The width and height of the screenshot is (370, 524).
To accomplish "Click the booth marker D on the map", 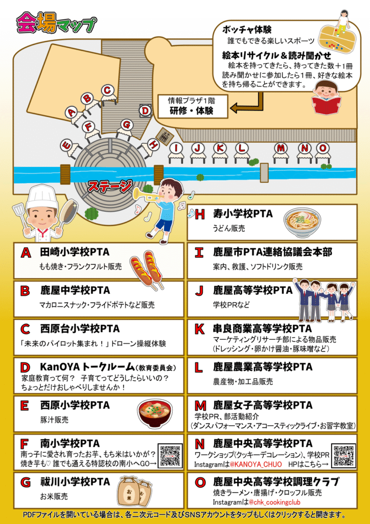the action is click(145, 111).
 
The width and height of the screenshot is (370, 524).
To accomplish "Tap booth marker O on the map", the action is click(322, 148).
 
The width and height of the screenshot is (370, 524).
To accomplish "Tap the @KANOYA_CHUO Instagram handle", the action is click(256, 465).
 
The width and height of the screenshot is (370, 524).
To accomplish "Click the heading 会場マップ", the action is click(57, 23).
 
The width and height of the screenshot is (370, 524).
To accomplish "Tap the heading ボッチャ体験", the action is click(246, 30).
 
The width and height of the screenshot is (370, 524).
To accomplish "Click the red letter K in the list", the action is click(199, 329).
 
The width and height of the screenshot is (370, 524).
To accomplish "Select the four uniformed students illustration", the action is click(323, 297).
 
